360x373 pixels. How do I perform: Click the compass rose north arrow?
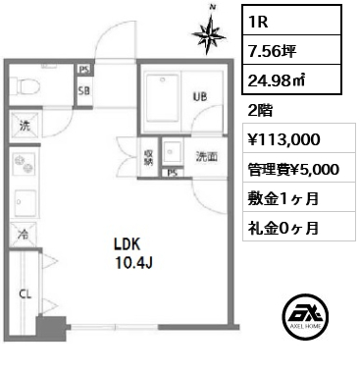click(209, 31)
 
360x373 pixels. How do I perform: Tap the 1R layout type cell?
click(291, 20)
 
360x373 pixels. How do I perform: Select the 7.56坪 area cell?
click(291, 50)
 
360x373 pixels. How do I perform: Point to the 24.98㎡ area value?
click(277, 80)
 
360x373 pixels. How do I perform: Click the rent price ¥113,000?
click(284, 139)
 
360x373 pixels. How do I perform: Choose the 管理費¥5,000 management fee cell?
click(299, 168)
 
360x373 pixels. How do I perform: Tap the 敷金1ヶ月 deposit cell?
click(299, 197)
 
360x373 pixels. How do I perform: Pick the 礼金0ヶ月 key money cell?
click(299, 227)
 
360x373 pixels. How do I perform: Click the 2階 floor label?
click(260, 111)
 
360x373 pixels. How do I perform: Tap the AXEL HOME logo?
click(305, 315)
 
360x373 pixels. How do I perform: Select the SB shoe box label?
click(84, 90)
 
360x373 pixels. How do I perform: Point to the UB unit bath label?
click(200, 96)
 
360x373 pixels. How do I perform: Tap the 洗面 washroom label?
click(207, 157)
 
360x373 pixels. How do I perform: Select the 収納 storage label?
click(148, 158)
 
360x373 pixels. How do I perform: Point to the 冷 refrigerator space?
click(23, 235)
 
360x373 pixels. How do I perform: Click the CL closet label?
click(26, 294)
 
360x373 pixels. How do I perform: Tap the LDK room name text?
click(127, 243)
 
